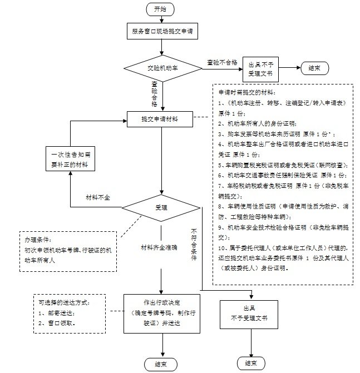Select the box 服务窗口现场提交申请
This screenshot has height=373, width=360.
(162, 32)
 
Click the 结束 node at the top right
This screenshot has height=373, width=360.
(314, 68)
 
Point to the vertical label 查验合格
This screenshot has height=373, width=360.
(154, 95)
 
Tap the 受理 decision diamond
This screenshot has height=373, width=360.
(161, 207)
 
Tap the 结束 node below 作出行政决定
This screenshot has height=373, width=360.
(162, 364)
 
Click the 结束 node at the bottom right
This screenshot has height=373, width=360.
(248, 364)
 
